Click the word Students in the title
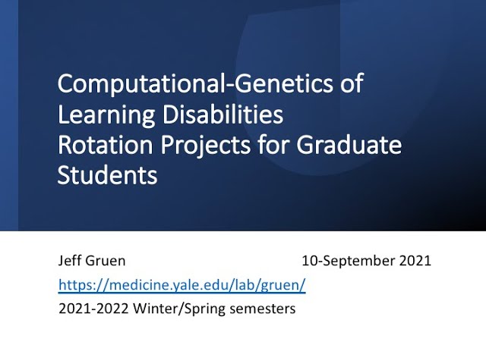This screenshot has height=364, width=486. point(107,176)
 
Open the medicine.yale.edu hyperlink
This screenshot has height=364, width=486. point(182,285)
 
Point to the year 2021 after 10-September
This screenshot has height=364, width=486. point(415,261)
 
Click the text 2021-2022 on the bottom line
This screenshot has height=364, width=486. point(87,309)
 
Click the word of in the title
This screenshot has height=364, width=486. point(351,85)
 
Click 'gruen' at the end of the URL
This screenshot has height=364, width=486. point(285,285)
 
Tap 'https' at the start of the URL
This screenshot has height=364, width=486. point(74,285)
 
